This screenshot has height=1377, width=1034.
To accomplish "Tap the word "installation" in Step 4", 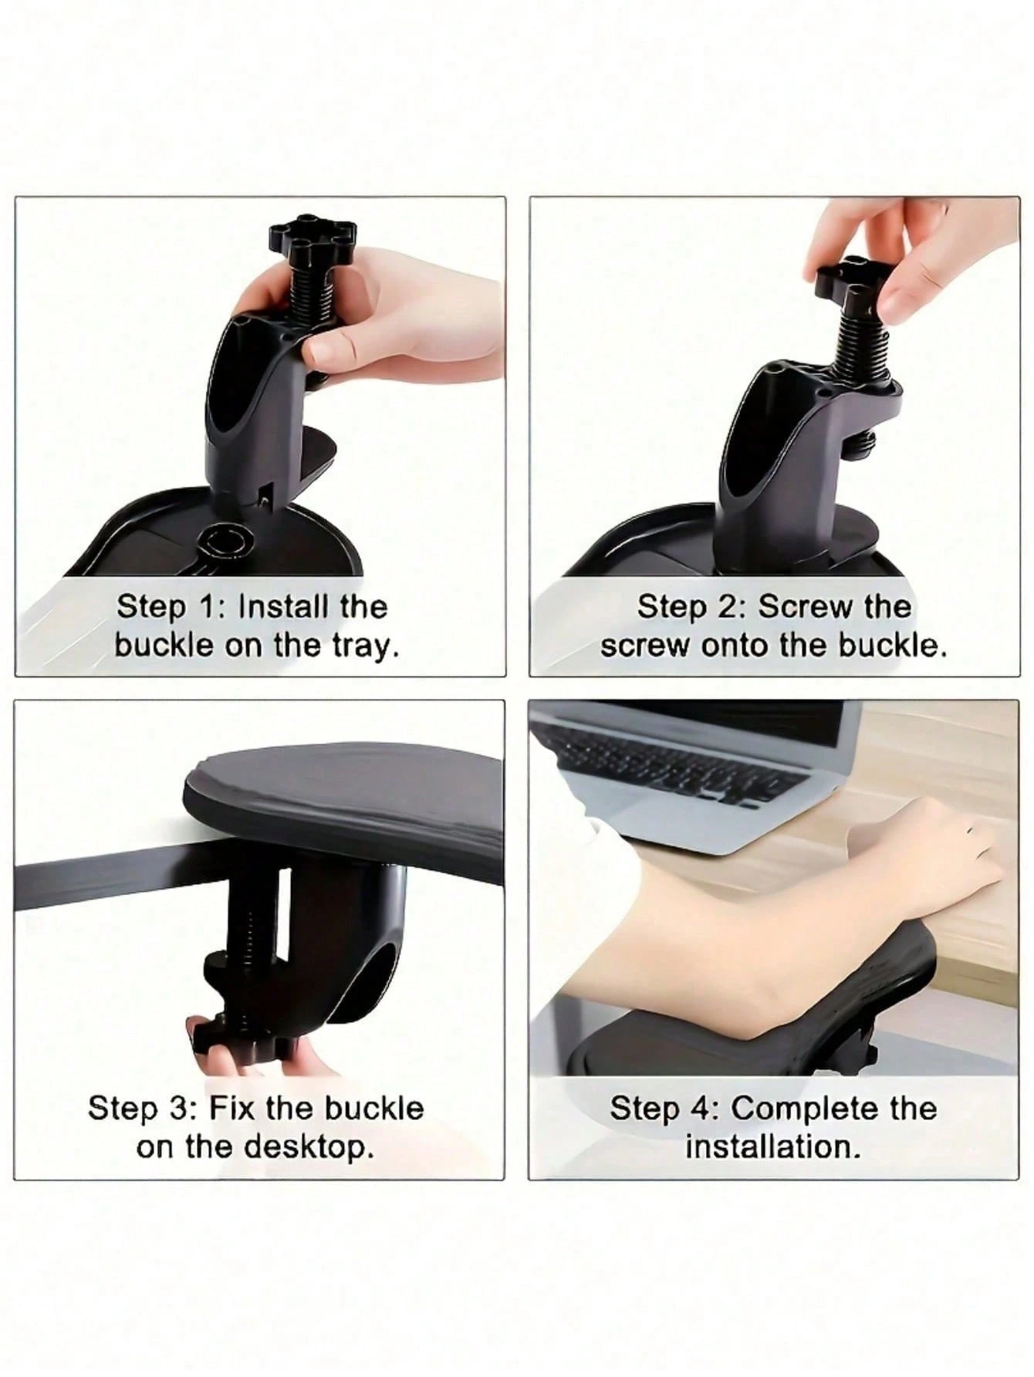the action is tap(772, 1147).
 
